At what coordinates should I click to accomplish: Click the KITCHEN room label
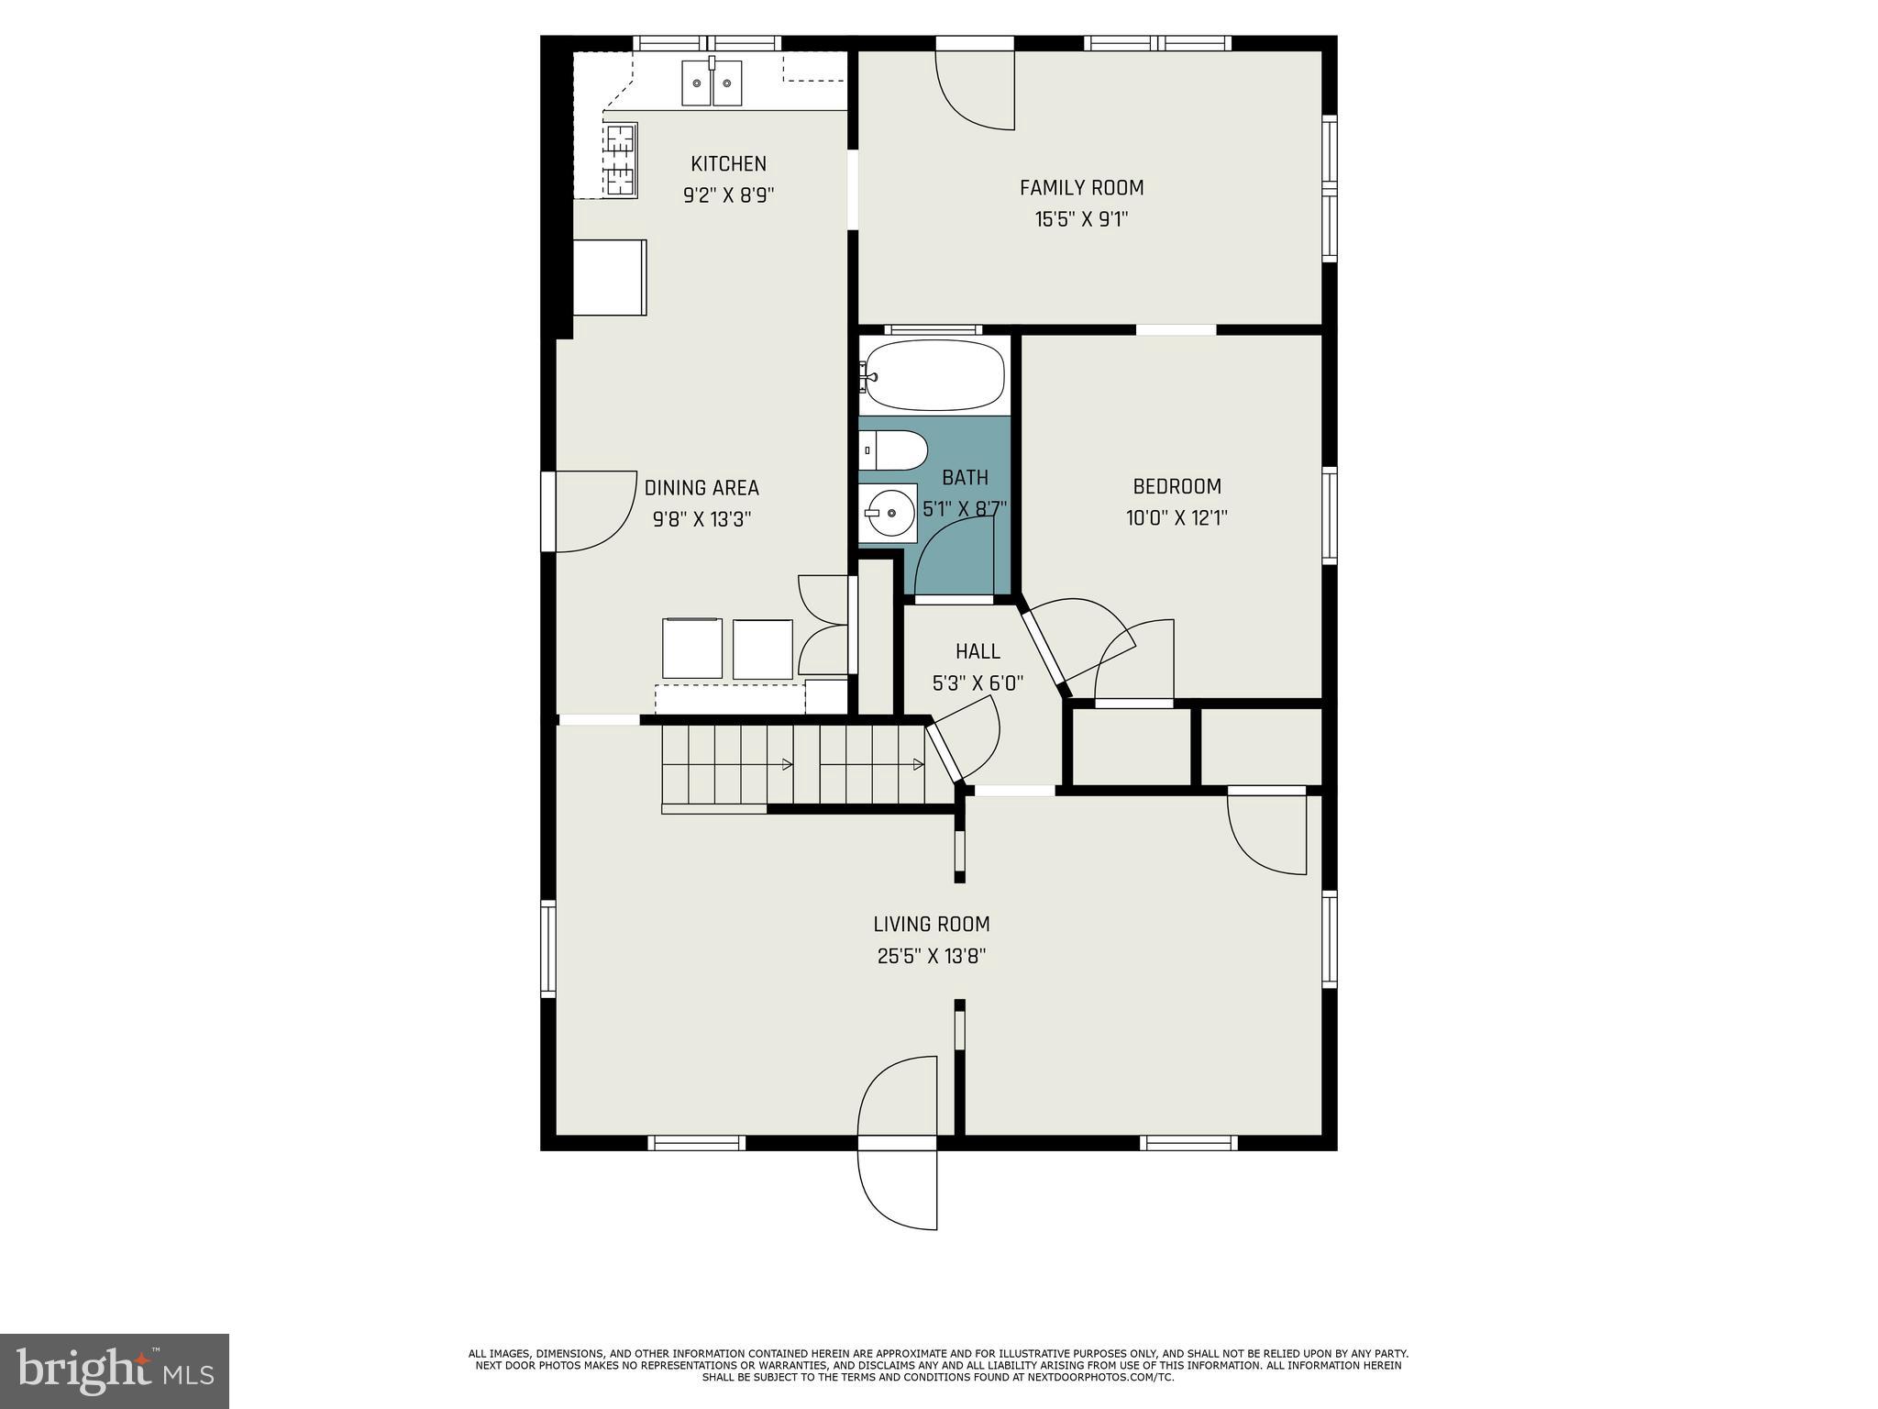coord(728,164)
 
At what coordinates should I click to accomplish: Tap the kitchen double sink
coord(712,83)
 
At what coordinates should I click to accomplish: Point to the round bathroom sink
coord(889,512)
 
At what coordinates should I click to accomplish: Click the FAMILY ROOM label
coord(1081,188)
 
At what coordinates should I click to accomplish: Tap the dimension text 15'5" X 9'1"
coord(1081,219)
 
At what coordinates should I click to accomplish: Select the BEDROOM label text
coord(1177,487)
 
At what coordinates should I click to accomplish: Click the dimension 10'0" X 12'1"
coord(1177,518)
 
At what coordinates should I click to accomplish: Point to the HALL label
coord(978,651)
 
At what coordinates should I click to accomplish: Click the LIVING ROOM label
coord(931,925)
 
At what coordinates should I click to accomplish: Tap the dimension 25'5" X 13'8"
coord(931,957)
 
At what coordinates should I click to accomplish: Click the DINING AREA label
coord(701,488)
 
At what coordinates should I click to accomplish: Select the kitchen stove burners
coord(621,161)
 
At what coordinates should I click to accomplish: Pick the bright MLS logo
coord(115,1370)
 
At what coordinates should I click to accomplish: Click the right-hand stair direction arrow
coord(917,764)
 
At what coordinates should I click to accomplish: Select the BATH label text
coord(965,478)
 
